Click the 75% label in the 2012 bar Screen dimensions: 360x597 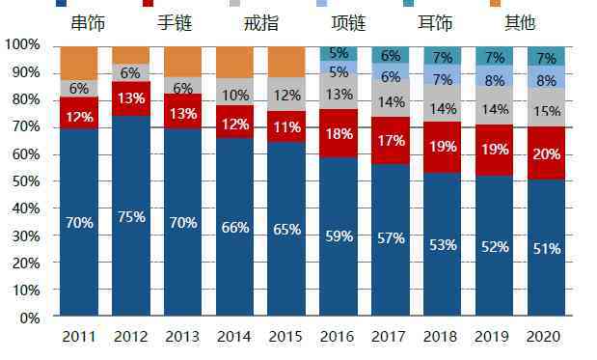click(x=130, y=216)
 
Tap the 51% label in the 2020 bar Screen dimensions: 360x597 click(x=546, y=248)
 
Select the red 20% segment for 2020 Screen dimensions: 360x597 click(x=546, y=152)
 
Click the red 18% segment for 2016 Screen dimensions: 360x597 click(x=339, y=133)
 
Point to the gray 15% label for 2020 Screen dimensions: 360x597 click(x=546, y=112)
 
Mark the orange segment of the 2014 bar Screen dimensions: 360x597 click(x=234, y=62)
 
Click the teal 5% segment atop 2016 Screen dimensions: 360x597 click(x=339, y=53)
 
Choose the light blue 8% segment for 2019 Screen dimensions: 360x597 click(x=494, y=81)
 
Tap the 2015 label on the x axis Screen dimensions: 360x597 click(x=285, y=336)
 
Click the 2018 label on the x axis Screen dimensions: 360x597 click(x=442, y=336)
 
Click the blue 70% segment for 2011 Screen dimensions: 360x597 click(x=78, y=223)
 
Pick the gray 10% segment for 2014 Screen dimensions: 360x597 click(x=234, y=95)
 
